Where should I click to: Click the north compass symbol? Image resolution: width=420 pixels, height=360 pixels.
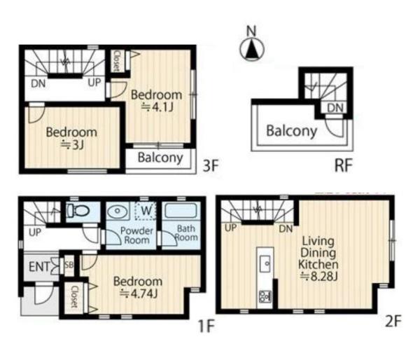[x=252, y=49]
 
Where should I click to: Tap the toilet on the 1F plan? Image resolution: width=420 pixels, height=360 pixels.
[x=78, y=211]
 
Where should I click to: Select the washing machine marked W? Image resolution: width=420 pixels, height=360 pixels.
[x=146, y=210]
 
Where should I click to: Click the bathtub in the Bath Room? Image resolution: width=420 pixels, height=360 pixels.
[x=181, y=211]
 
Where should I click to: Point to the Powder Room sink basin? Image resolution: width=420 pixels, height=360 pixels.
[x=117, y=211]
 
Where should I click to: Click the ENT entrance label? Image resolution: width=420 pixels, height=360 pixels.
[x=39, y=267]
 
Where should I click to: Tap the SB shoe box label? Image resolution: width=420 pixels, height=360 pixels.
[x=69, y=265]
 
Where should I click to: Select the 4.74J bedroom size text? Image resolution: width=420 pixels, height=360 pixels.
[x=138, y=294]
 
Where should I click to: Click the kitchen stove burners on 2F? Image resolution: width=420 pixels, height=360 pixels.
[x=265, y=297]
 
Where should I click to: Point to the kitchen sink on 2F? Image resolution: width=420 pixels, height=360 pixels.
[x=265, y=264]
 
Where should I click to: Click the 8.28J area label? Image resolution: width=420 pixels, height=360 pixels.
[x=318, y=277]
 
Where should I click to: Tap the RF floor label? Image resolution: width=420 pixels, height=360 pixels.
[x=344, y=165]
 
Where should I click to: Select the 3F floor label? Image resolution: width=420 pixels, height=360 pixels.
[x=211, y=165]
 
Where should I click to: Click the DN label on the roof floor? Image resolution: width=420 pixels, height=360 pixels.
[x=335, y=108]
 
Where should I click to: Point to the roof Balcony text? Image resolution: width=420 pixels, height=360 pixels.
[x=291, y=131]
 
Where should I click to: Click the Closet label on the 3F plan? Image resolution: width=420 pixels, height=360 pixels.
[x=117, y=61]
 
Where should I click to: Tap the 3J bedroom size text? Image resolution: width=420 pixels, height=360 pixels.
[x=72, y=145]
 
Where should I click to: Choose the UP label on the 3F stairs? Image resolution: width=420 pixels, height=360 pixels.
[x=94, y=83]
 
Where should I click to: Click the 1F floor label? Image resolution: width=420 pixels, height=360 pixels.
[x=206, y=326]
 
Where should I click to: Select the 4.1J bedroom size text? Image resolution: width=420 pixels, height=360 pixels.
[x=157, y=107]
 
